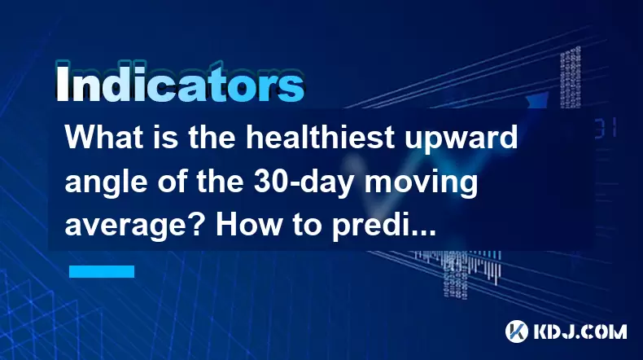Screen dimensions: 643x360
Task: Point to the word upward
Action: tap(461, 139)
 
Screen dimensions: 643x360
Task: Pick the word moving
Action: tap(421, 183)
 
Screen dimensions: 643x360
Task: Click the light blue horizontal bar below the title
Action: tap(102, 271)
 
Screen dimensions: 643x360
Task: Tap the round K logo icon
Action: tap(517, 331)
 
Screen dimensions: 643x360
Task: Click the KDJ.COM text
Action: tap(580, 331)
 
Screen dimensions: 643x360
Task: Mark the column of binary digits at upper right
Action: tap(571, 77)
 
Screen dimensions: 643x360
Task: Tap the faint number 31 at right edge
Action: tap(606, 128)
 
